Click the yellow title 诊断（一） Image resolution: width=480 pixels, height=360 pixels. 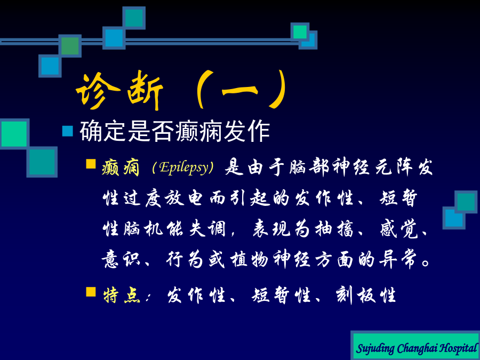[181, 90]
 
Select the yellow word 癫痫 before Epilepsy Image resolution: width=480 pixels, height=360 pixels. [121, 168]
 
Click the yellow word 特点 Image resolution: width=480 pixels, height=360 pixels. [122, 295]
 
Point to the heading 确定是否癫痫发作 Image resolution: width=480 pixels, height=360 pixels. [175, 132]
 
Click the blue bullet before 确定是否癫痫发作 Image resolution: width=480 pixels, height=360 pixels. [68, 131]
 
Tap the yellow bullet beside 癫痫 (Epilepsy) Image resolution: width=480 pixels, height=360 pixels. [91, 164]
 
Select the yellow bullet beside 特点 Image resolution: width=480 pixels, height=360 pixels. [91, 292]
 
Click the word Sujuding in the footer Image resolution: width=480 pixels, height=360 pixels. [375, 349]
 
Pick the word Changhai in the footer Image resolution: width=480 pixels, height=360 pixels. [417, 348]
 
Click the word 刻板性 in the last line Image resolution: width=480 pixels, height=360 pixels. [366, 295]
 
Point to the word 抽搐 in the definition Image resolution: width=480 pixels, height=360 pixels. [335, 229]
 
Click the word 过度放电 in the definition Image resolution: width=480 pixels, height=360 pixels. [153, 199]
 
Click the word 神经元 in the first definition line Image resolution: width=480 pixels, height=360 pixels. [363, 168]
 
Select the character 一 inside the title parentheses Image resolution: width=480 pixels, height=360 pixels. [239, 91]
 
